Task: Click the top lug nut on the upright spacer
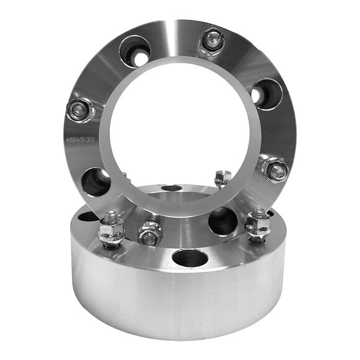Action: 211,42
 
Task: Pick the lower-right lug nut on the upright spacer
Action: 274,169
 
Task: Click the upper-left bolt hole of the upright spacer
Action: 134,51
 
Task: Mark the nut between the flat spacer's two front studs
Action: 150,235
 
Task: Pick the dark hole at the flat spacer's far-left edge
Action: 88,217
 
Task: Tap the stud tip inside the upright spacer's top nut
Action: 212,40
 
